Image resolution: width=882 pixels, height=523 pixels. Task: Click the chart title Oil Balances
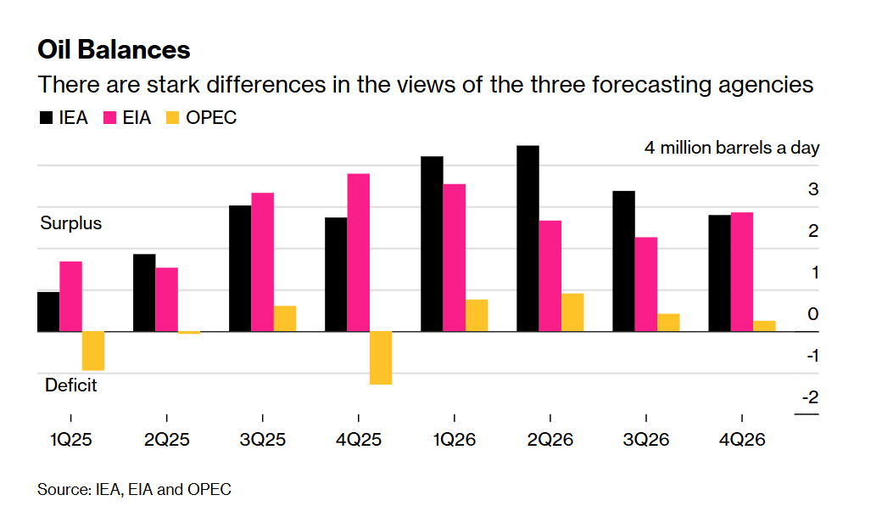pos(114,49)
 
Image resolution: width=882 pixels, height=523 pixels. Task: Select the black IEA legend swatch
pos(46,118)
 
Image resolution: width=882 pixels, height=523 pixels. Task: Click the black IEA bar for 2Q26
pos(528,239)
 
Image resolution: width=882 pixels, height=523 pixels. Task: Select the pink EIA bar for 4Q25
pos(359,252)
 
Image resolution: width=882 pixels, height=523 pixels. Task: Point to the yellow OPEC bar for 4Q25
pos(381,357)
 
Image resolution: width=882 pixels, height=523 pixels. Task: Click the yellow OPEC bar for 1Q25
pos(93,351)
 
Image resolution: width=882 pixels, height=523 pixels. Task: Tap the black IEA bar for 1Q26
pos(432,244)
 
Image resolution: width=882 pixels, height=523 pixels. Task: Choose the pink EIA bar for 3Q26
pos(646,284)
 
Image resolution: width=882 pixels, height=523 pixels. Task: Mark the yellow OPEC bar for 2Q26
pos(572,312)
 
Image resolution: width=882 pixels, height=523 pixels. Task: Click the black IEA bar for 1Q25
pos(48,312)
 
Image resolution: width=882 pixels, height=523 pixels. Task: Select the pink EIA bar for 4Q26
pos(742,272)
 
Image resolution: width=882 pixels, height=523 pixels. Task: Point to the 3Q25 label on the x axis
pos(262,440)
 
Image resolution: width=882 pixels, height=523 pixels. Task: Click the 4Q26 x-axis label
pos(742,440)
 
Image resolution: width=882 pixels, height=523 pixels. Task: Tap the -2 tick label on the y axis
pos(811,397)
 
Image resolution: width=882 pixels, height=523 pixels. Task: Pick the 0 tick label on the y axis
pos(813,314)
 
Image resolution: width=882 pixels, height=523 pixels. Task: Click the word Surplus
pos(71,223)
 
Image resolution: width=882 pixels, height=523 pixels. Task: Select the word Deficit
pos(71,385)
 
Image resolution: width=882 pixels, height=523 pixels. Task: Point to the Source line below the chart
pos(134,490)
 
